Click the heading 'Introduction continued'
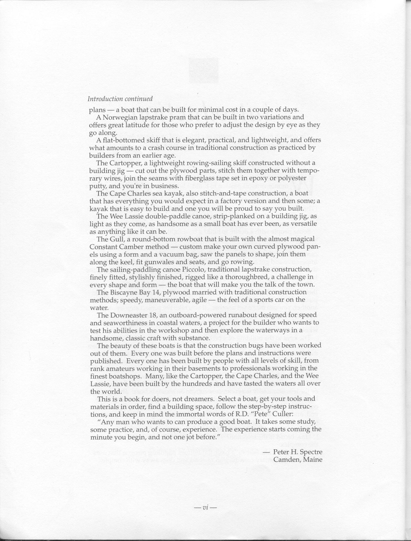click(x=120, y=99)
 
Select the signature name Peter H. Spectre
click(x=297, y=452)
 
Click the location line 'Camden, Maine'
click(x=297, y=459)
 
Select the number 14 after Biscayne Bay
click(x=146, y=292)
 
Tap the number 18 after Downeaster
click(x=159, y=315)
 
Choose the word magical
click(x=301, y=239)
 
